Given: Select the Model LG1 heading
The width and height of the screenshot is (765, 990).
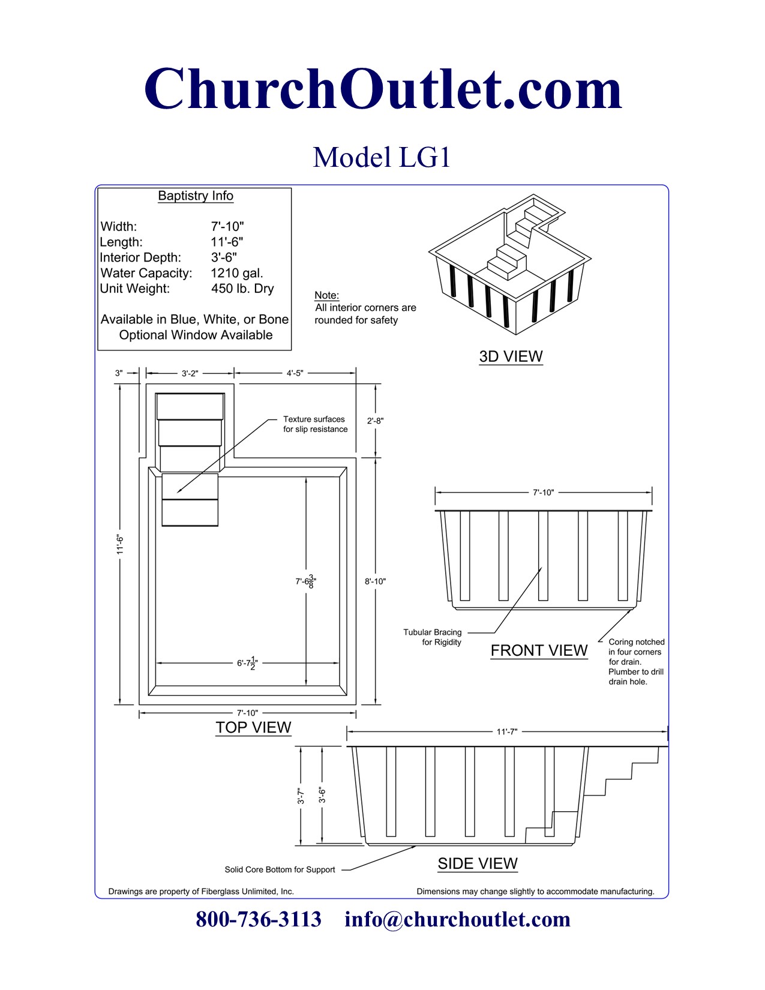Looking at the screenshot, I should click(x=382, y=158).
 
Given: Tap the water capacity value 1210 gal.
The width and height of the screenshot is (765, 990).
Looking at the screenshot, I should click(x=237, y=273).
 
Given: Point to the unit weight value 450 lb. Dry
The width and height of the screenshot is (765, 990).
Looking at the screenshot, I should click(x=242, y=289).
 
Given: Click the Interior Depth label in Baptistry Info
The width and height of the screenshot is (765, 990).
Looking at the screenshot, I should click(x=140, y=257).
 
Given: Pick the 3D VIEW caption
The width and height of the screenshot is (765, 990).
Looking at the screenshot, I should click(x=511, y=356).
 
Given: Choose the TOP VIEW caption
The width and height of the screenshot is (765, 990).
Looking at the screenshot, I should click(x=253, y=728).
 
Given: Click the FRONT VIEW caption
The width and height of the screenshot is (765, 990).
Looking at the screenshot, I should click(x=539, y=650).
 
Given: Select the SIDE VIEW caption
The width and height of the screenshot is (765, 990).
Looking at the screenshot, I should click(x=478, y=863).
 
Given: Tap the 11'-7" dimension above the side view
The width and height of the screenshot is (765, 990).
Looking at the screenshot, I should click(x=507, y=731).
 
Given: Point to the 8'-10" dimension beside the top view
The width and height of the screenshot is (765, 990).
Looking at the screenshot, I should click(x=376, y=581).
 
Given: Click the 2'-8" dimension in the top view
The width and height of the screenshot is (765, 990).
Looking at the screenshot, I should click(x=376, y=421).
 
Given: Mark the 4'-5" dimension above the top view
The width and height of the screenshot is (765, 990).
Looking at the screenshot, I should click(x=295, y=373).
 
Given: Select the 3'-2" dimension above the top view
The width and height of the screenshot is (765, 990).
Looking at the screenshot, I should click(x=190, y=373).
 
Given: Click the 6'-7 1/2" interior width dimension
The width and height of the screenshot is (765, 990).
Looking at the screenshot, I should click(x=247, y=663).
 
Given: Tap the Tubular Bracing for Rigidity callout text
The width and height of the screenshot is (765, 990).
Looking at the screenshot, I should click(x=433, y=637).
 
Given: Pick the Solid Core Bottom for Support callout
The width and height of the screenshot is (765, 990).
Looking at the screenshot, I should click(x=280, y=869).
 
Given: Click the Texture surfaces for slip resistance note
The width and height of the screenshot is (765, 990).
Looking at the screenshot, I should click(x=315, y=424).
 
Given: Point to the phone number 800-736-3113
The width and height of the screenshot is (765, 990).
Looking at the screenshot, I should click(x=259, y=919).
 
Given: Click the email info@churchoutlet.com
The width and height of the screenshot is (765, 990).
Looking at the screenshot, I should click(x=457, y=919).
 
